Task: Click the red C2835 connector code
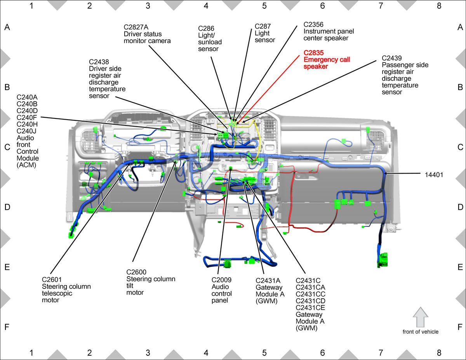tap(313, 53)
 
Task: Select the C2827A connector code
tap(136, 27)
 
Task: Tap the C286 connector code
tap(206, 28)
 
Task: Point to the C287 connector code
tap(263, 26)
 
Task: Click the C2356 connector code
tap(313, 24)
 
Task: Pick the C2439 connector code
tap(392, 58)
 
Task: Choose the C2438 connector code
tap(99, 62)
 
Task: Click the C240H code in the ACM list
tap(27, 124)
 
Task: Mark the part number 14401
tap(434, 175)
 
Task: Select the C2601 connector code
tap(52, 280)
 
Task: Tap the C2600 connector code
tap(136, 272)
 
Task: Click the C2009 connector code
tap(221, 280)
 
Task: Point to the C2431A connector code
tap(268, 280)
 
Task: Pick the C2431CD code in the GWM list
tap(310, 301)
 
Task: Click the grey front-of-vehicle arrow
tap(420, 317)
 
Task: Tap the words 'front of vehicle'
tap(420, 332)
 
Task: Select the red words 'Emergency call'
tap(327, 59)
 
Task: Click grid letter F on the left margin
tap(7, 327)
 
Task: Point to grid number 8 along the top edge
tap(439, 6)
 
